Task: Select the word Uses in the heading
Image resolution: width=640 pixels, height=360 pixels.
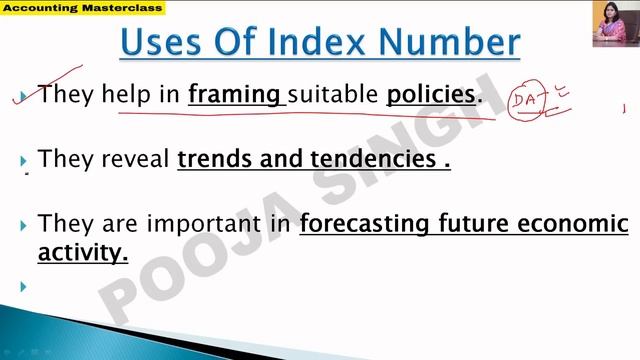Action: click(x=163, y=43)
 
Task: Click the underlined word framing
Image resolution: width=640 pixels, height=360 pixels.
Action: click(x=235, y=95)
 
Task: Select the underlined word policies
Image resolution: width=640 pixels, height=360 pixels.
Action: click(x=431, y=95)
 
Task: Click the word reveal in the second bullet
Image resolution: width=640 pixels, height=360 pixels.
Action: click(x=132, y=159)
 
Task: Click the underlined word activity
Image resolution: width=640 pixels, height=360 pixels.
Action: click(x=83, y=252)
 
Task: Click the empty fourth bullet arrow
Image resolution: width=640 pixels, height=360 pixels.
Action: click(x=22, y=287)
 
